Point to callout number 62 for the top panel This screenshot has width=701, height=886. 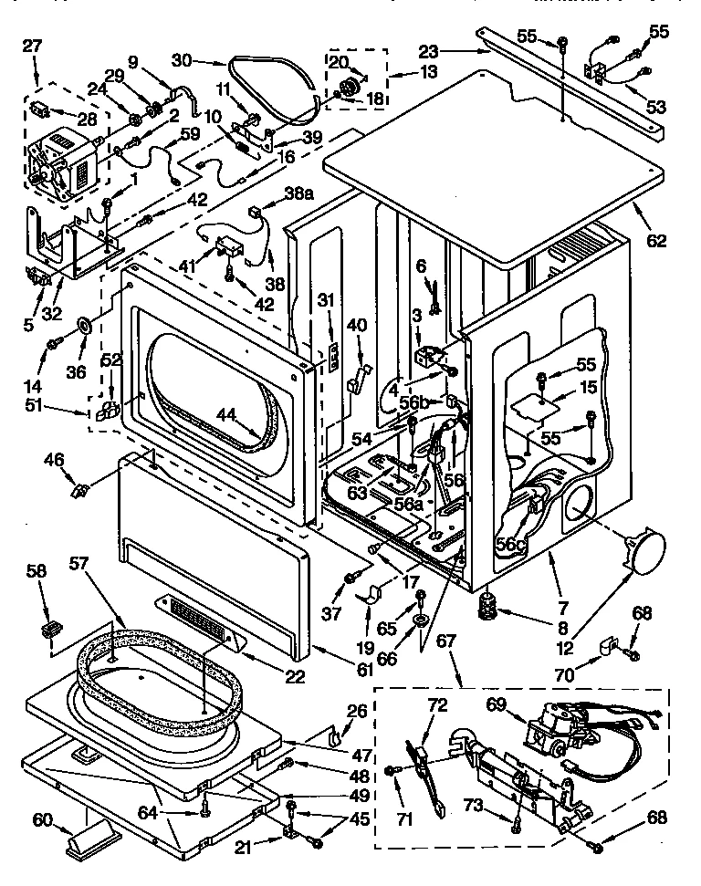tap(655, 242)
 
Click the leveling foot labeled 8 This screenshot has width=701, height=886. tap(492, 604)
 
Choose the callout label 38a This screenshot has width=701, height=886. tap(298, 193)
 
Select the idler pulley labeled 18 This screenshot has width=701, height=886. tap(348, 87)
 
